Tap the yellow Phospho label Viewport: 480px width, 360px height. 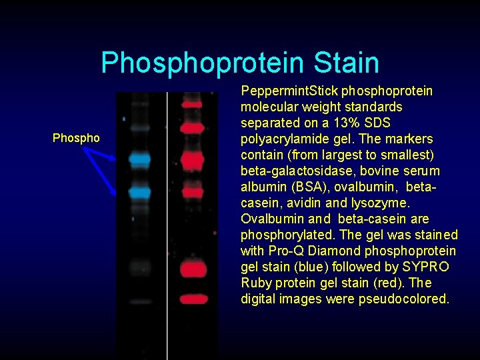click(x=76, y=139)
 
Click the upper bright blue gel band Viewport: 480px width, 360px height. click(x=140, y=159)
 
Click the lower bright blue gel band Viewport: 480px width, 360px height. click(x=140, y=193)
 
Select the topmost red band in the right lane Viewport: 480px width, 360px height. click(x=192, y=104)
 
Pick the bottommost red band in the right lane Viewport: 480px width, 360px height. click(x=193, y=299)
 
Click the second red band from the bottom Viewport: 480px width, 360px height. click(x=193, y=269)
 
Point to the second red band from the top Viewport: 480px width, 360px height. click(x=192, y=127)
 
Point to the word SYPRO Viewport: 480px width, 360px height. click(x=427, y=267)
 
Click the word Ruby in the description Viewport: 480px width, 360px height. click(x=256, y=283)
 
